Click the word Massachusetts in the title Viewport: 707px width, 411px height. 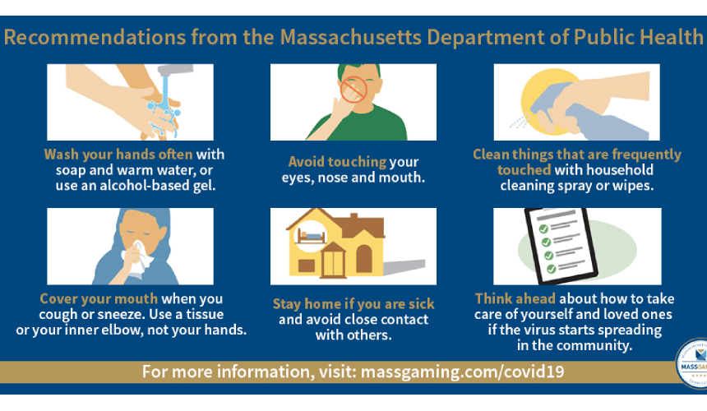pyautogui.click(x=351, y=37)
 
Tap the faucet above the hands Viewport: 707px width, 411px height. pyautogui.click(x=176, y=70)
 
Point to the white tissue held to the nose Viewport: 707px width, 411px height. pyautogui.click(x=137, y=259)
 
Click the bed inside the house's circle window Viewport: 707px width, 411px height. pyautogui.click(x=312, y=236)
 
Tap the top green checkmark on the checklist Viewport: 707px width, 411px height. pyautogui.click(x=543, y=229)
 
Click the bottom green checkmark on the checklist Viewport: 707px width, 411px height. pyautogui.click(x=551, y=269)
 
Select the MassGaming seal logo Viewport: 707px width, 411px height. pyautogui.click(x=692, y=363)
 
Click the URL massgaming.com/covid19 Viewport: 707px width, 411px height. pyautogui.click(x=463, y=372)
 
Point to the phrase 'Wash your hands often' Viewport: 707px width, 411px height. pyautogui.click(x=118, y=155)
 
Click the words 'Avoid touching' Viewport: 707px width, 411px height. pyautogui.click(x=337, y=162)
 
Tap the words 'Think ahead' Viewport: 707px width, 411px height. pyautogui.click(x=515, y=298)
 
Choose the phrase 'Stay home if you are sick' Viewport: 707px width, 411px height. pyautogui.click(x=353, y=304)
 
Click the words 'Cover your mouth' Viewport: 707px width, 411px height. pyautogui.click(x=99, y=298)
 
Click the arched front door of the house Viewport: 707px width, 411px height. pyautogui.click(x=364, y=259)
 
